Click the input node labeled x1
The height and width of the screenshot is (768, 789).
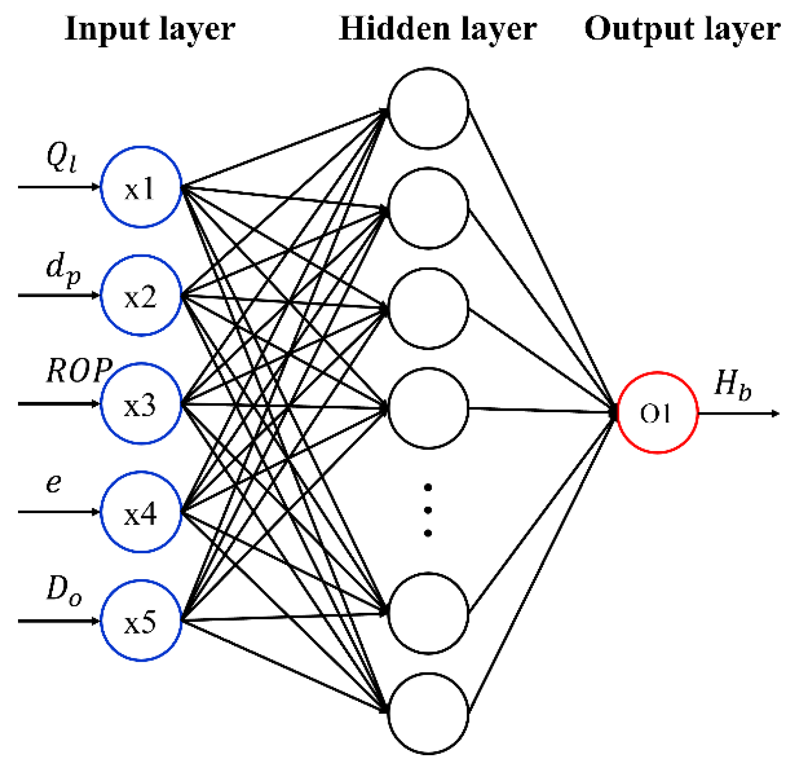coord(141,187)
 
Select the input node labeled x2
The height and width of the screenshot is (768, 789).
coord(141,295)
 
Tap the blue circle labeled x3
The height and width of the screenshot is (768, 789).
coord(141,404)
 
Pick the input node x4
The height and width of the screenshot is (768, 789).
coord(141,512)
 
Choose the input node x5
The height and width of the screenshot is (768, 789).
coord(141,620)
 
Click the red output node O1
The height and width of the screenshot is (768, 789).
coord(657,413)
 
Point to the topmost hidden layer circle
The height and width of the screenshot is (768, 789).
coord(428,108)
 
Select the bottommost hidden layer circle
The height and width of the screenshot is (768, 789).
coord(428,713)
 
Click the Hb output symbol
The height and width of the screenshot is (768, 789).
coord(732,384)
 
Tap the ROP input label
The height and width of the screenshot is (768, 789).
coord(79,370)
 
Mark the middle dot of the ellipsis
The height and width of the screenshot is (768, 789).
coord(427,510)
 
